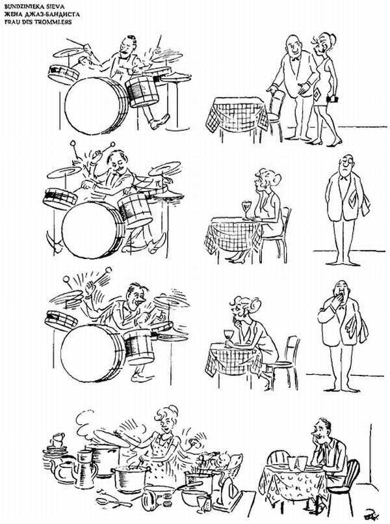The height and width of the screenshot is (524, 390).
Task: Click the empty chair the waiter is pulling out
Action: (276, 104)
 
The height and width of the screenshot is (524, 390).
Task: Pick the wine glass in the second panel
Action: (246, 207)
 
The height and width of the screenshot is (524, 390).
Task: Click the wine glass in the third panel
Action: (229, 335)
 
